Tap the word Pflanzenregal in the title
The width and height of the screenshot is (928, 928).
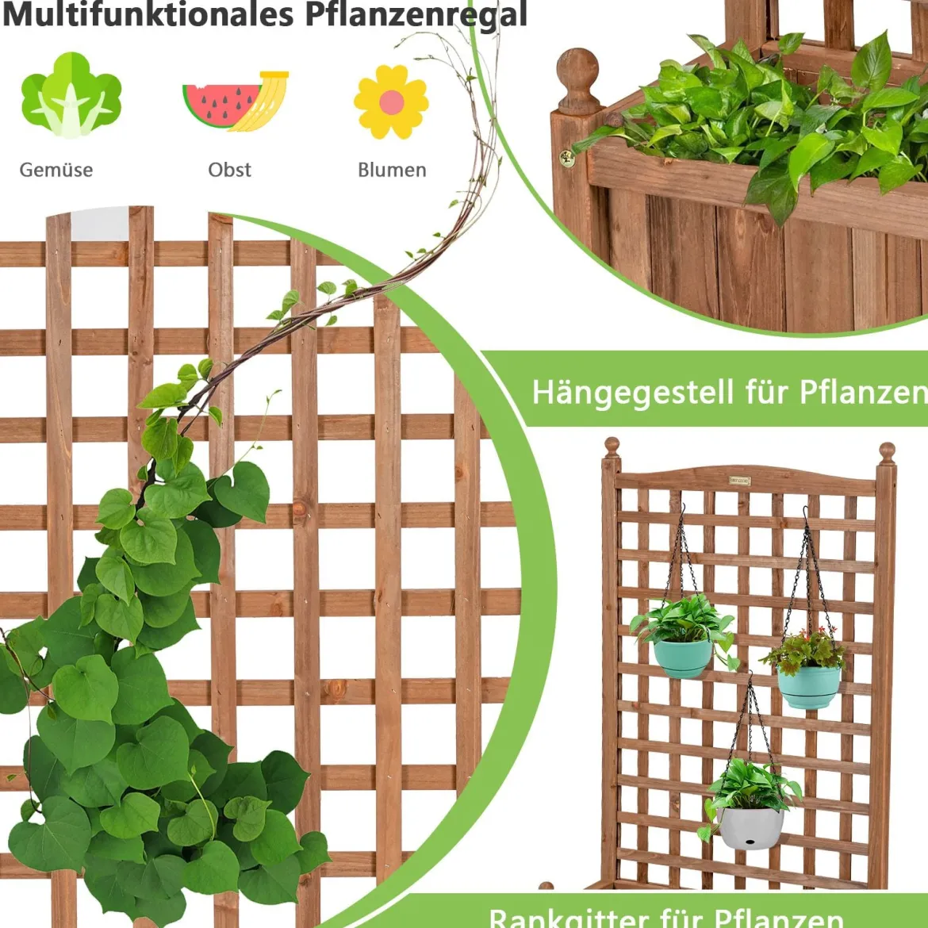[x=416, y=14]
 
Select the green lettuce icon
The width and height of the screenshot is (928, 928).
[x=71, y=94]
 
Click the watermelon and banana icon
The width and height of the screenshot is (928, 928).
[x=236, y=101]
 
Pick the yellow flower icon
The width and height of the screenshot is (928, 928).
[x=391, y=102]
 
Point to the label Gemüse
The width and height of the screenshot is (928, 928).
[x=56, y=170]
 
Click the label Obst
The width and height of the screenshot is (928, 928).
[x=230, y=170]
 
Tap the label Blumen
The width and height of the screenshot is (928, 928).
[x=392, y=170]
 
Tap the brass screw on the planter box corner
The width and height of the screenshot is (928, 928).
[x=567, y=159]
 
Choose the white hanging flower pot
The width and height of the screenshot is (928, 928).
[x=750, y=828]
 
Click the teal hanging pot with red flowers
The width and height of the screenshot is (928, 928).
[x=808, y=687]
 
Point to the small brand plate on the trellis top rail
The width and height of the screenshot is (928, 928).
[x=739, y=481]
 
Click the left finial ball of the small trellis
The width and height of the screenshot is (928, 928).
[x=612, y=447]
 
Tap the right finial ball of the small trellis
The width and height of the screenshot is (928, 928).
[x=887, y=453]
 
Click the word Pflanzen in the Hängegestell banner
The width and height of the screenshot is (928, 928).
[x=864, y=392]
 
